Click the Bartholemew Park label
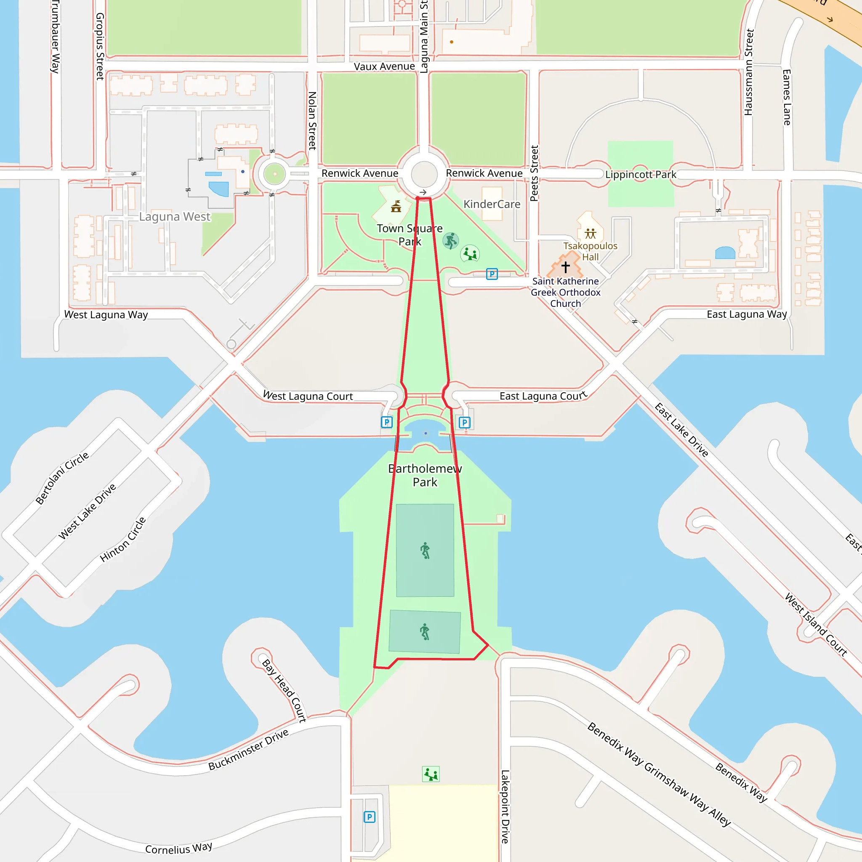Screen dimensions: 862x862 pos(425,475)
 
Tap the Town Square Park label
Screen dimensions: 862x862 pos(410,235)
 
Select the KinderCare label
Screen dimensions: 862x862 pos(492,204)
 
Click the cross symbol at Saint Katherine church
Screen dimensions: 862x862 pos(565,267)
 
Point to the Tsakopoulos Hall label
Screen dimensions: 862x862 pos(590,251)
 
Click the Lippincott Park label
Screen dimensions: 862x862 pos(640,174)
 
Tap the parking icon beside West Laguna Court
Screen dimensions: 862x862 pos(386,422)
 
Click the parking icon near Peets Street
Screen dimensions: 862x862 pos(492,274)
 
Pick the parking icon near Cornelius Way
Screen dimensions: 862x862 pos(369,817)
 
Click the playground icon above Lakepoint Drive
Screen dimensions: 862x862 pos(431,774)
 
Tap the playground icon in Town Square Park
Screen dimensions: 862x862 pos(470,254)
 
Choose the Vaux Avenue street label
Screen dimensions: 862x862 pos(384,67)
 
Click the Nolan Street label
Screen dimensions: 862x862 pos(312,120)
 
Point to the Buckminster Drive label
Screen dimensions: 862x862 pos(248,750)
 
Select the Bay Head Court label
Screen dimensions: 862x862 pos(284,691)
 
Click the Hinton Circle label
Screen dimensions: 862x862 pos(123,540)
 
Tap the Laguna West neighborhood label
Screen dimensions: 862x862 pos(174,217)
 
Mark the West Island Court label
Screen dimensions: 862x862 pos(816,625)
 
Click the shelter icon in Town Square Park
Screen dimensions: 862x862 pos(396,207)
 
